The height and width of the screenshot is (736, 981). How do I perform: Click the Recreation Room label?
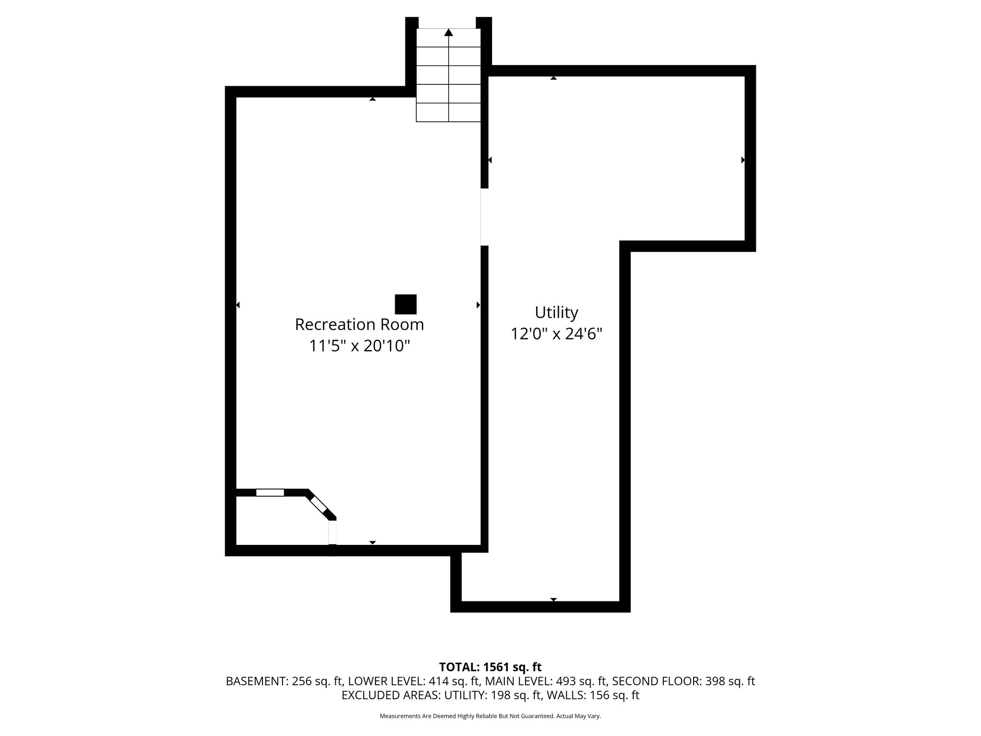tap(359, 324)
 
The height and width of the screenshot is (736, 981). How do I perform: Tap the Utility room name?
tap(556, 312)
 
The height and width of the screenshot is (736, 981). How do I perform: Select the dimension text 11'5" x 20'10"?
tap(359, 345)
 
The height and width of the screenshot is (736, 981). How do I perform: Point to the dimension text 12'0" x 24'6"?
tap(556, 333)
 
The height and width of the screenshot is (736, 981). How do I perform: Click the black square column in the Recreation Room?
tap(405, 304)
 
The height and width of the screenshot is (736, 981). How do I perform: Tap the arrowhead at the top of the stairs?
tap(448, 33)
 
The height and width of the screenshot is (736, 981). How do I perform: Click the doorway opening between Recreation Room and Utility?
tap(484, 217)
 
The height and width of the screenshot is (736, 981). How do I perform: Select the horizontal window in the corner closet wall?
tap(270, 492)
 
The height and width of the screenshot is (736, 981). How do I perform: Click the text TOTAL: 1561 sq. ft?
tap(490, 667)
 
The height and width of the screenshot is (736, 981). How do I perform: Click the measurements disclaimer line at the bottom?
tap(490, 716)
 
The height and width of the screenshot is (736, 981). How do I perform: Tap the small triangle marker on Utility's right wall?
tap(743, 160)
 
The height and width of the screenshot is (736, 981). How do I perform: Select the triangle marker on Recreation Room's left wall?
tap(238, 305)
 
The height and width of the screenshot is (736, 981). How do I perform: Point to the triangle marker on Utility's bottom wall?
tap(554, 599)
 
